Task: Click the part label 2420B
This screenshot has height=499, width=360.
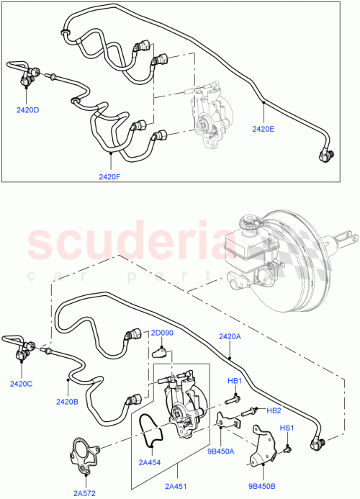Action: coord(68,402)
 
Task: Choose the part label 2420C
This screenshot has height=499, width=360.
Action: coord(21,384)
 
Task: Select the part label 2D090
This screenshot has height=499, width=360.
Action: coord(162,333)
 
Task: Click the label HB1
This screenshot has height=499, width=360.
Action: coord(235,380)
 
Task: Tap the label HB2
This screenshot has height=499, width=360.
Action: coord(274,410)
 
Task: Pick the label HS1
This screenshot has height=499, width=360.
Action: coord(287,428)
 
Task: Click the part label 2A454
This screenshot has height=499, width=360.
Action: coord(150,462)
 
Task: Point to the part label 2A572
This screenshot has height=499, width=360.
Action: coord(84,493)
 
